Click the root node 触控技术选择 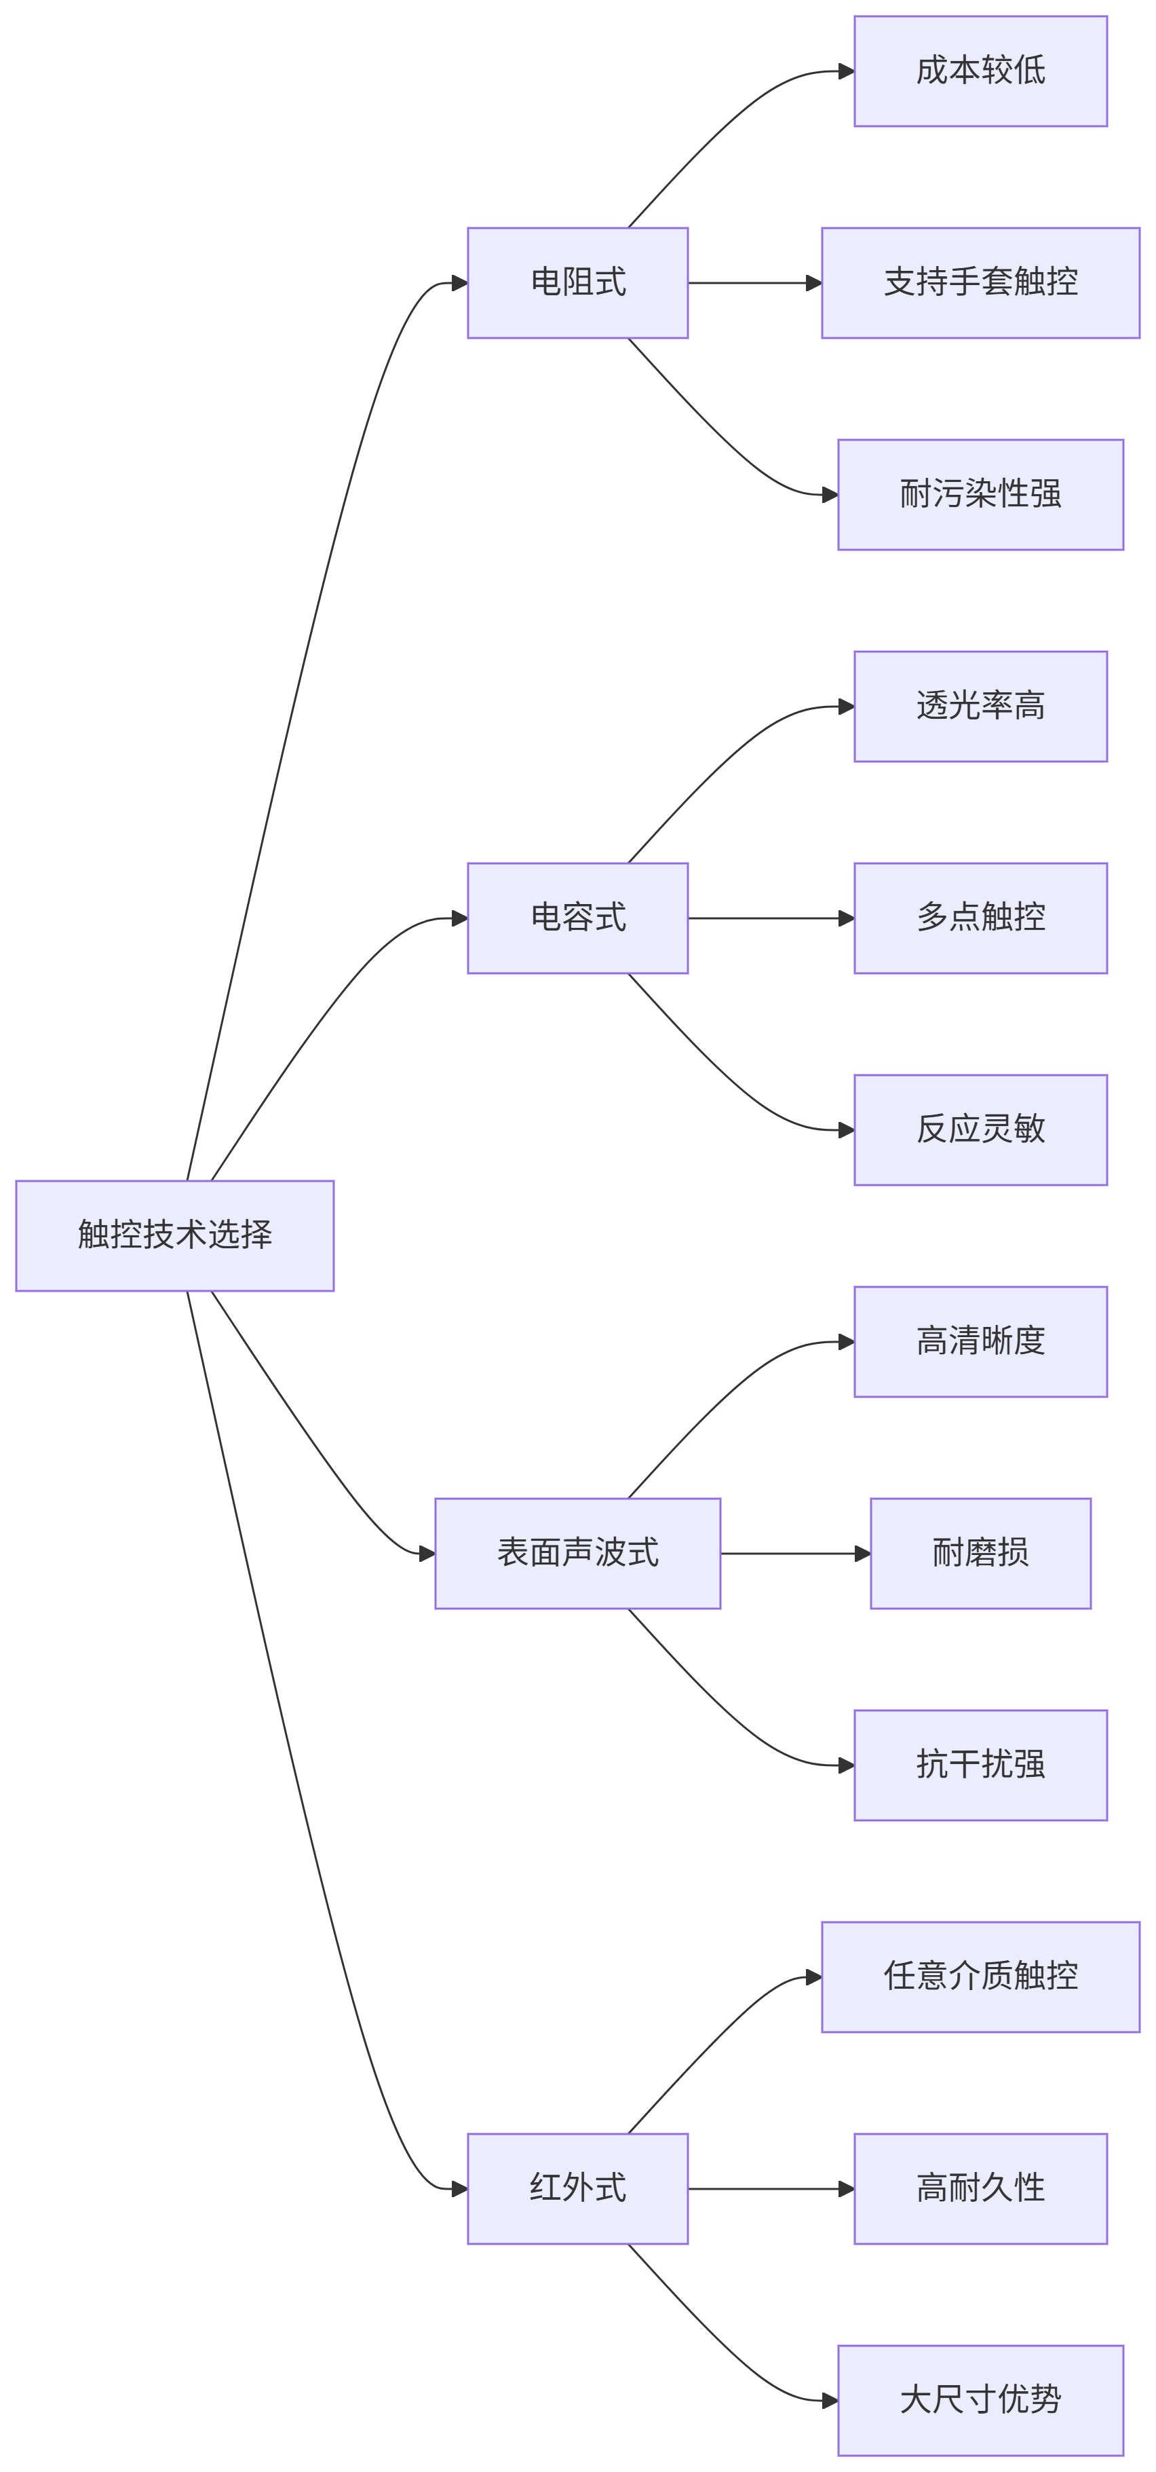coord(174,1235)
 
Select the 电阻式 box coord(577,283)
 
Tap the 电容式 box coord(577,918)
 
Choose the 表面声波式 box coord(577,1554)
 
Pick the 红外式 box coord(577,2189)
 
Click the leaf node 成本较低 coord(980,71)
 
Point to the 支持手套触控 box coord(980,283)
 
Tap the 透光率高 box coord(980,707)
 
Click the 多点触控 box coord(980,918)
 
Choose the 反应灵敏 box coord(980,1130)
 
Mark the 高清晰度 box coord(980,1342)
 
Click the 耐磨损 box coord(980,1554)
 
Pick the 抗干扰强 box coord(980,1765)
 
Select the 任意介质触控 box coord(980,1977)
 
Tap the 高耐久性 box coord(980,2189)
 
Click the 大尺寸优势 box coord(980,2401)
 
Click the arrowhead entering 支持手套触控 coord(813,283)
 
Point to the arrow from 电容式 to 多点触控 coord(767,918)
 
